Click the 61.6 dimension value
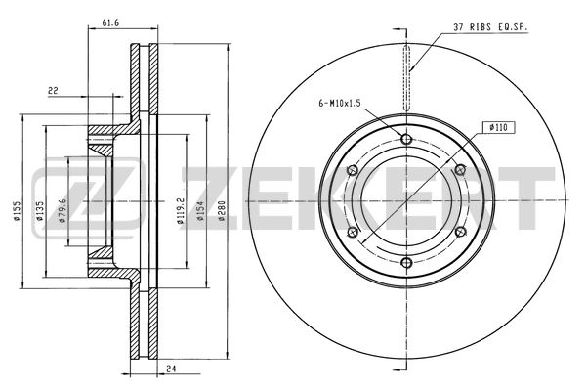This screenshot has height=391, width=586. pos(110,22)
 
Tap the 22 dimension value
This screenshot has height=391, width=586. pos(53,91)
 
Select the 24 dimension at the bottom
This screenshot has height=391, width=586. pos(171,369)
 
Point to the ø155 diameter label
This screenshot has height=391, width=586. pos(17,212)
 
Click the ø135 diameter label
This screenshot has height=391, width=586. pos(40,212)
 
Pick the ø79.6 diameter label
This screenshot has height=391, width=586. pos(63,210)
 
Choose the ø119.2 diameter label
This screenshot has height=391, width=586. pos(181,210)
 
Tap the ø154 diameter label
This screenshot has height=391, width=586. pos(200,212)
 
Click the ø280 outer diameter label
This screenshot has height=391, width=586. pos(222,212)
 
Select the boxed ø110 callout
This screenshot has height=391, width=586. pos(498,128)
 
